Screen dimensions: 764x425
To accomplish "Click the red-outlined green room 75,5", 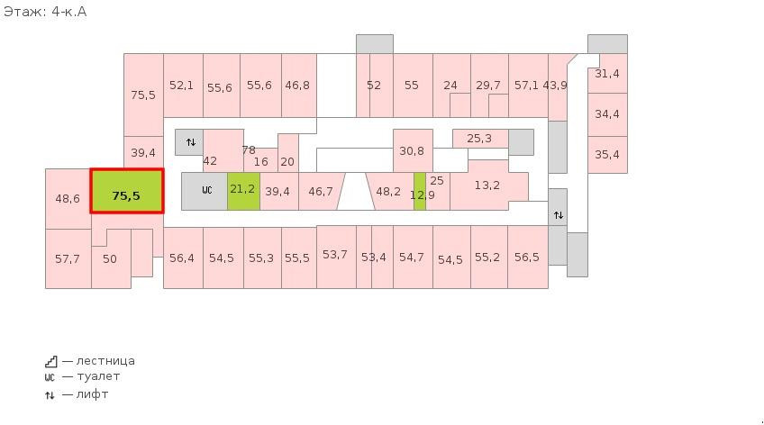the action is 127,191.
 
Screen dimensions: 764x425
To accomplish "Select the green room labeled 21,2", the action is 243,191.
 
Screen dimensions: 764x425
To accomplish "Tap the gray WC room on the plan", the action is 205,191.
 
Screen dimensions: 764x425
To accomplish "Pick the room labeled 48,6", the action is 68,199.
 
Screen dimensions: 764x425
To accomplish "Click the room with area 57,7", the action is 68,258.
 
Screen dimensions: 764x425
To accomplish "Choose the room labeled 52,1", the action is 183,86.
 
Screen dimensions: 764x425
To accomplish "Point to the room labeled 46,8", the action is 299,86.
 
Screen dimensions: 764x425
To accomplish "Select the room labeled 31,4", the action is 607,74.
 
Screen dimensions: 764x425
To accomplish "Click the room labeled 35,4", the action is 607,155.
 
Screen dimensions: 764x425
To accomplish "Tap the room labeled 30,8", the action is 413,150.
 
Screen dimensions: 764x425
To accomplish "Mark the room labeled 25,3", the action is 480,139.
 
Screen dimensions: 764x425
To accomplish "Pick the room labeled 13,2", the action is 487,185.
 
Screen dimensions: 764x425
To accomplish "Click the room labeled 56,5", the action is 528,257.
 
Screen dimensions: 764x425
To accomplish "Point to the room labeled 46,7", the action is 320,191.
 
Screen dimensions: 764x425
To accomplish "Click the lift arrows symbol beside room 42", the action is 191,142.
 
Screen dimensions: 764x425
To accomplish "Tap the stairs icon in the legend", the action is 51,361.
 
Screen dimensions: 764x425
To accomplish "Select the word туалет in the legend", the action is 98,376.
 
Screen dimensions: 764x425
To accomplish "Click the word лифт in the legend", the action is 92,393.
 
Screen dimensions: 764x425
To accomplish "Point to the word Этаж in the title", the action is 23,11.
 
